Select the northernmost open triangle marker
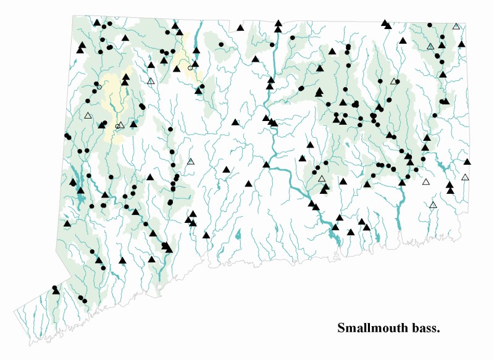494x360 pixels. tap(456, 26)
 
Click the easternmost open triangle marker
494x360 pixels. tap(465, 177)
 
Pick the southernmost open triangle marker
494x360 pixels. tap(433, 204)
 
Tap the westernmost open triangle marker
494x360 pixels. tap(88, 115)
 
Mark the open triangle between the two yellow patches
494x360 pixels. tap(151, 81)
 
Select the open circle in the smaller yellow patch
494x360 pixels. tap(190, 68)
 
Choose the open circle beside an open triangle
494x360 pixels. tap(117, 127)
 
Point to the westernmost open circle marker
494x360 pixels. tap(99, 87)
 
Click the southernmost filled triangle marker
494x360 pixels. tap(56, 290)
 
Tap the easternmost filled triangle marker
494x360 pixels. tap(467, 162)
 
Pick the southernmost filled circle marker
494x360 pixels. tap(85, 301)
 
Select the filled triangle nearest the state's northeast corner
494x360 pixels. tap(461, 44)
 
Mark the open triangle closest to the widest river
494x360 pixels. tap(322, 179)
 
